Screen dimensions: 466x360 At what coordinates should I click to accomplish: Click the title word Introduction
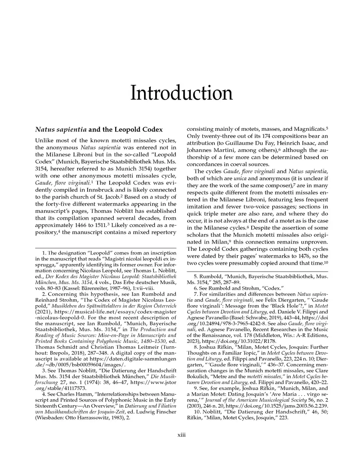pyautogui.click(x=181, y=93)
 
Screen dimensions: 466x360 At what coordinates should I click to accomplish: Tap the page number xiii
pyautogui.click(x=181, y=435)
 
